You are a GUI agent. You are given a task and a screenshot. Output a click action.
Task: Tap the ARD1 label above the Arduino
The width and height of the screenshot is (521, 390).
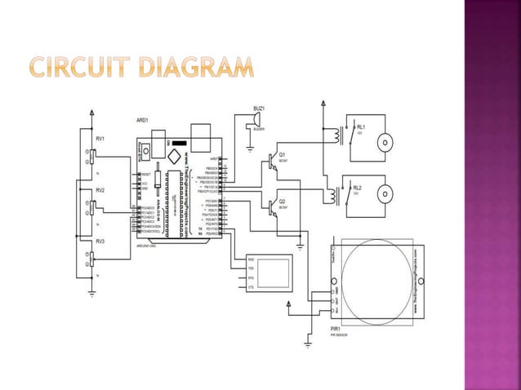(143, 120)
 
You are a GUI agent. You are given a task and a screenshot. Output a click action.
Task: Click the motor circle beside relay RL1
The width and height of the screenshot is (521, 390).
(384, 141)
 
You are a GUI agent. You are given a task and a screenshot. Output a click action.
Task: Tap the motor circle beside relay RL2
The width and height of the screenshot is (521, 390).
(384, 196)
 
